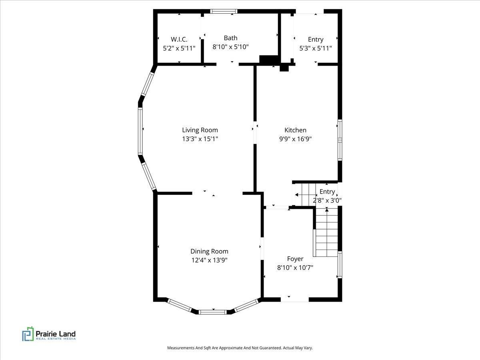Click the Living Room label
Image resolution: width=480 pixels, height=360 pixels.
[200, 130]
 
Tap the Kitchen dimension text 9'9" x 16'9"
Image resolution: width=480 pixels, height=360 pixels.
[295, 139]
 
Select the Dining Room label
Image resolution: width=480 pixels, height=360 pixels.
[209, 251]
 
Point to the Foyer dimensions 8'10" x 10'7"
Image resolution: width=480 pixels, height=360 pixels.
[295, 268]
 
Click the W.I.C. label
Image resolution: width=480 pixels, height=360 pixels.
[179, 39]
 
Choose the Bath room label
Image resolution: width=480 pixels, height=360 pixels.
[230, 38]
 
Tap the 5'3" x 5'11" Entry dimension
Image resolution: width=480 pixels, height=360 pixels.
[316, 48]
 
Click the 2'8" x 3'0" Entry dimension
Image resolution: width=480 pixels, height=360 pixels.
[327, 200]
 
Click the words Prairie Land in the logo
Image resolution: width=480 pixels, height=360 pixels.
[56, 334]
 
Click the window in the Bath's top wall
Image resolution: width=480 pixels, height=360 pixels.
[224, 11]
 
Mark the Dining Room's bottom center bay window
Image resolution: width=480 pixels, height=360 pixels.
[212, 312]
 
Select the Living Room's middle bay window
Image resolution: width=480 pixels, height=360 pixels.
[140, 131]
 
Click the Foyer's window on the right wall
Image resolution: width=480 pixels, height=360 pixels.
[340, 265]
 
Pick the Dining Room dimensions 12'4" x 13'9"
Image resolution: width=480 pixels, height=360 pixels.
[210, 260]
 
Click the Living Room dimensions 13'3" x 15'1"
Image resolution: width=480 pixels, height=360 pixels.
[200, 139]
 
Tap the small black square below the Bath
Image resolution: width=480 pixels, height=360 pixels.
[284, 67]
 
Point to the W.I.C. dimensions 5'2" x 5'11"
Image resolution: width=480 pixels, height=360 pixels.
[179, 48]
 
